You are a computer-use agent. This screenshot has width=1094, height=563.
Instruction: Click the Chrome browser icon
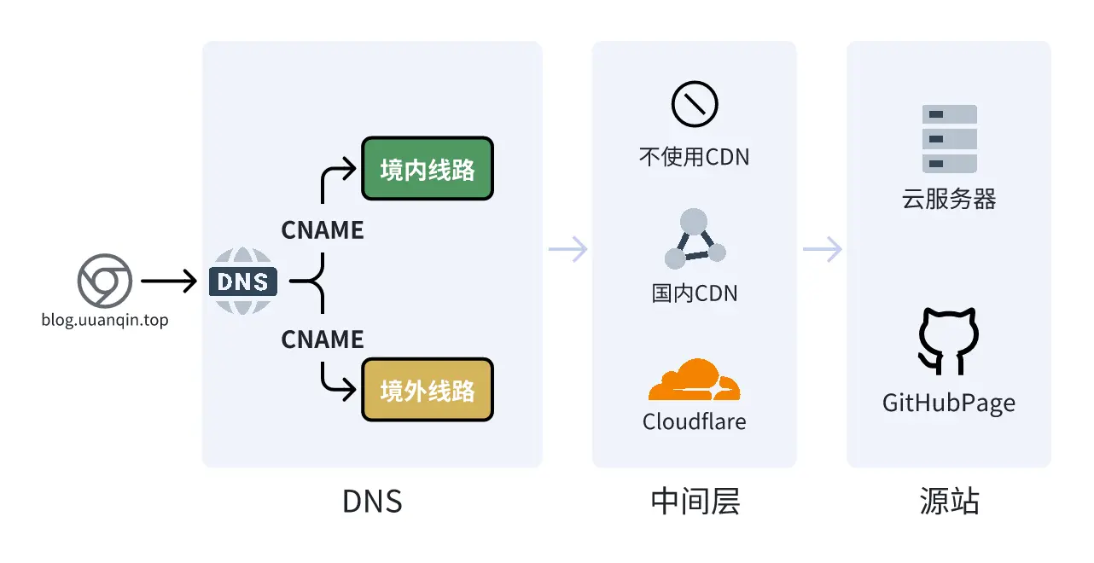(x=104, y=281)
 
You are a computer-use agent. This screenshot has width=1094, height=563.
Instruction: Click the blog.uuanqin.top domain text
(x=104, y=321)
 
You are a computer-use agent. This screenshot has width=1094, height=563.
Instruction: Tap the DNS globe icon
(x=243, y=281)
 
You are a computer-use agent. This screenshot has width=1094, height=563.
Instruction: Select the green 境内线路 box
(x=428, y=169)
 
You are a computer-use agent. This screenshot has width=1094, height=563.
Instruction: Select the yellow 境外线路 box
(x=428, y=391)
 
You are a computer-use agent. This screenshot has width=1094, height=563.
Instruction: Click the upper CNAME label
(x=323, y=229)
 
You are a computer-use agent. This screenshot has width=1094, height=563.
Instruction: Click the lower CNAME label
(x=323, y=340)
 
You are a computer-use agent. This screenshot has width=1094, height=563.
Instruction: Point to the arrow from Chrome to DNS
(x=168, y=281)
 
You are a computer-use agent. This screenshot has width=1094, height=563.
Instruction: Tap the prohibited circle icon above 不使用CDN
(x=694, y=105)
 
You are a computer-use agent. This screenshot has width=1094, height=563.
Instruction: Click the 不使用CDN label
(x=694, y=157)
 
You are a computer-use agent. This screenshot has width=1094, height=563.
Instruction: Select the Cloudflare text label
(x=694, y=421)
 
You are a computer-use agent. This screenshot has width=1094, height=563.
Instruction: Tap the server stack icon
(x=949, y=139)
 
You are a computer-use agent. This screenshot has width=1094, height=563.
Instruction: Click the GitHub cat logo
(x=949, y=341)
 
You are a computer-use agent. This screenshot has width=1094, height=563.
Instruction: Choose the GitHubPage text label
(x=949, y=403)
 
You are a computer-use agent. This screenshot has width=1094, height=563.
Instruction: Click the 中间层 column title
(x=694, y=502)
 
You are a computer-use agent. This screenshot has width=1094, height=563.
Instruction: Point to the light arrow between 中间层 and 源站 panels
(x=822, y=249)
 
